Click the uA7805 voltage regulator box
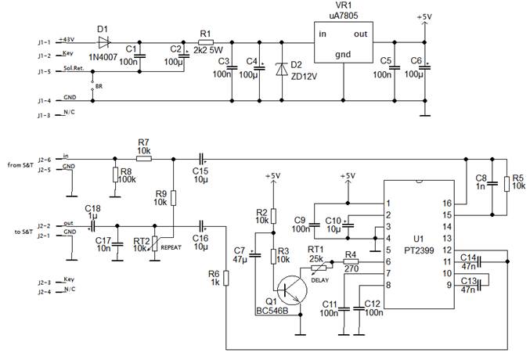tap(343, 42)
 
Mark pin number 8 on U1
tap(387, 285)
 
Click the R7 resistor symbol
tap(143, 157)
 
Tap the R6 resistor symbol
tap(225, 278)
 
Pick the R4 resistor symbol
tap(350, 261)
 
